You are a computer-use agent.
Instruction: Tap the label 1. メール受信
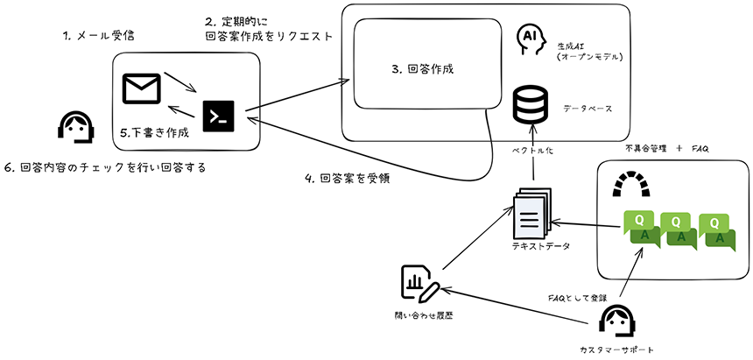point(99,36)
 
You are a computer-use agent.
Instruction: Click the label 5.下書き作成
point(154,134)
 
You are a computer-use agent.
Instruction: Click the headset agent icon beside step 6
point(74,128)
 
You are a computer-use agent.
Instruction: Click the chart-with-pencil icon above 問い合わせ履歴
point(420,283)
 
